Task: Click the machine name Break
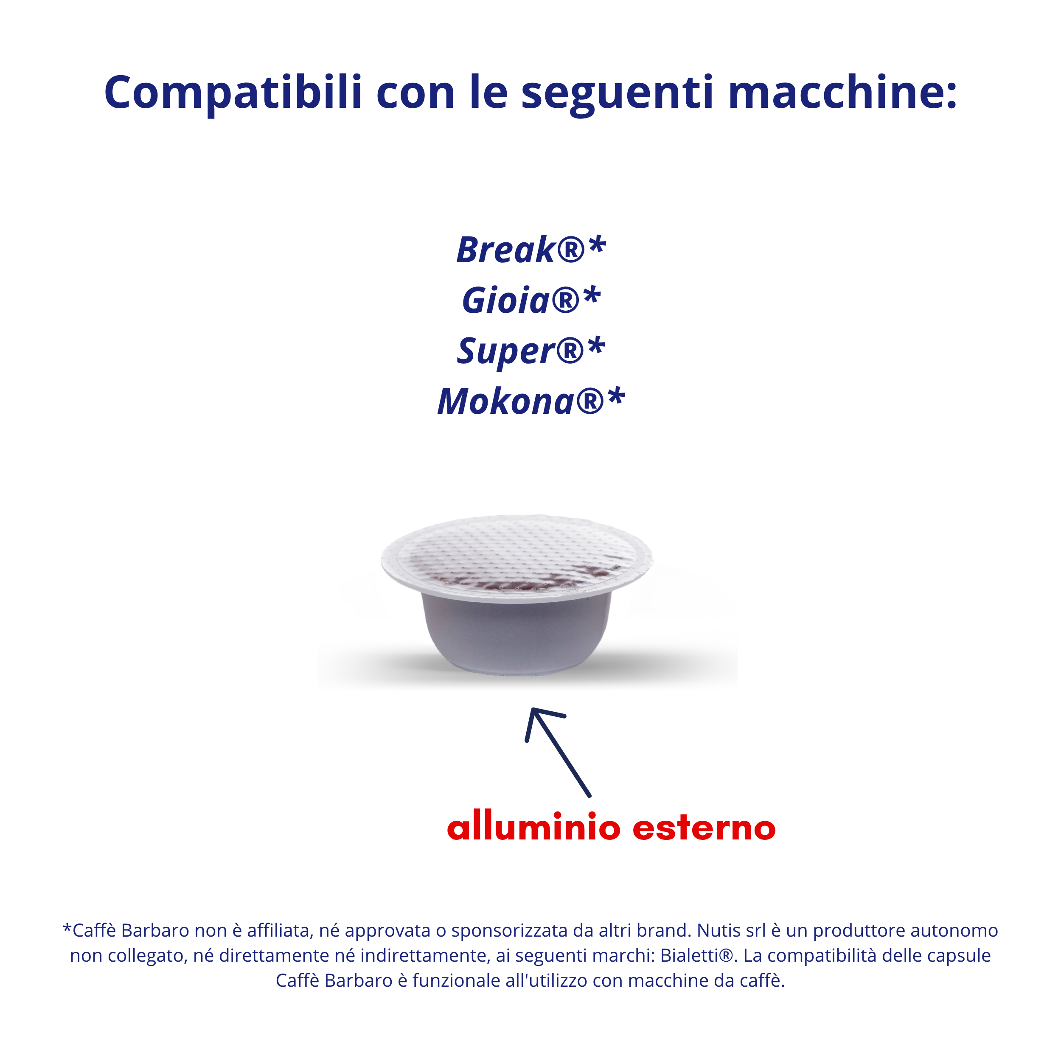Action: click(x=506, y=250)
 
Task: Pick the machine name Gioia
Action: click(x=506, y=300)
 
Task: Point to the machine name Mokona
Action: click(x=505, y=401)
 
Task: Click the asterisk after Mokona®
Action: click(x=616, y=396)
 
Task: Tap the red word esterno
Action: click(x=705, y=829)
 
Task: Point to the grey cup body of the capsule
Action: click(x=516, y=637)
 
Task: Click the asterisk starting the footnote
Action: click(x=67, y=928)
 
